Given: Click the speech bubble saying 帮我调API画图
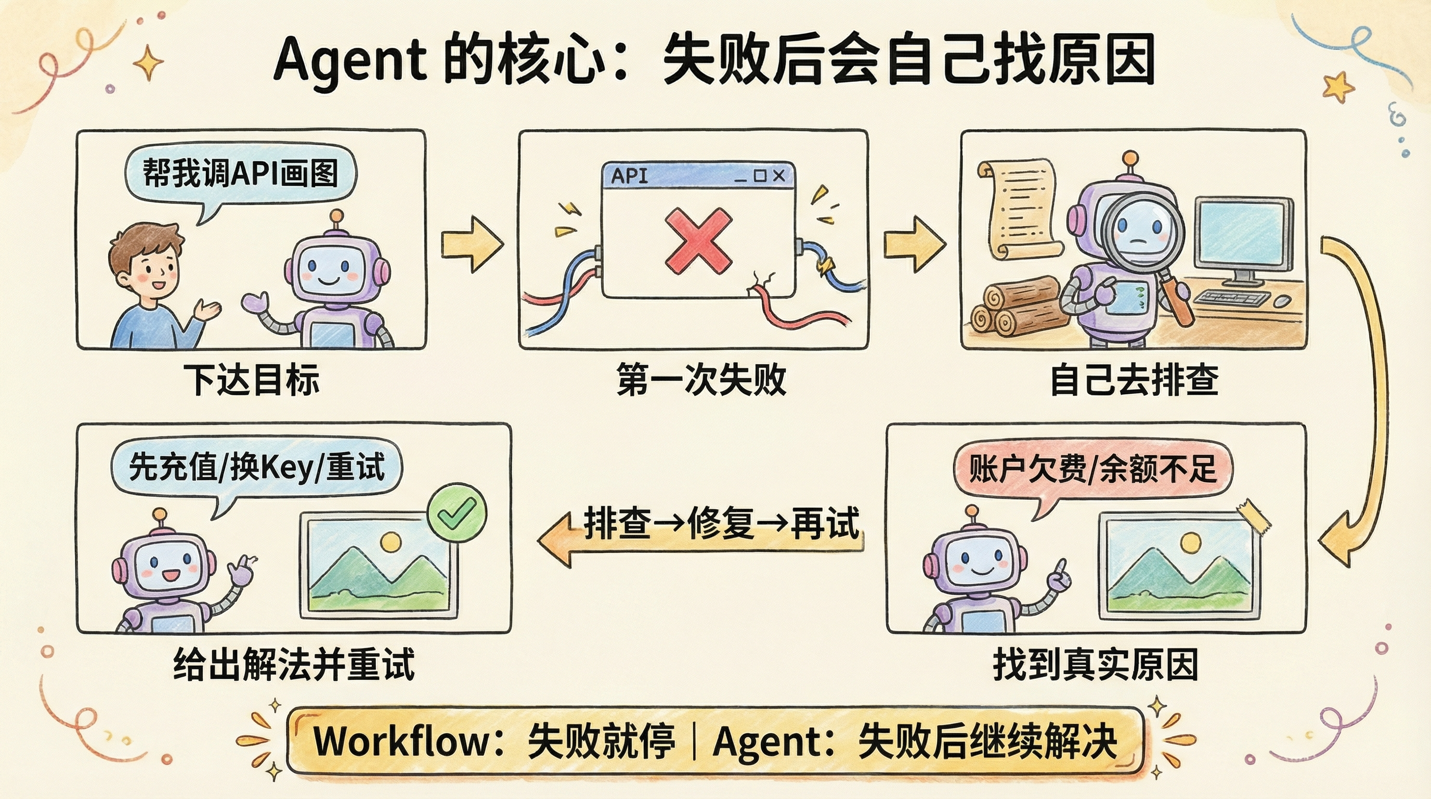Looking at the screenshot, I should tap(240, 173).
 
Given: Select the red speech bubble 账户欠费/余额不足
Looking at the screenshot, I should tap(1092, 468).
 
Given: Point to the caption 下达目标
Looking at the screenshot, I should tap(252, 381).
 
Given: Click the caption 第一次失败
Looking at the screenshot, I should tap(701, 381).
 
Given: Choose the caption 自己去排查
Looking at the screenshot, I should tap(1135, 381).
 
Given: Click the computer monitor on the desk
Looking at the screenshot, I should tap(1243, 236).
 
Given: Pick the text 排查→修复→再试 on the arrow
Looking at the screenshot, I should tap(721, 523).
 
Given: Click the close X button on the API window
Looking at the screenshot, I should tap(779, 176).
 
